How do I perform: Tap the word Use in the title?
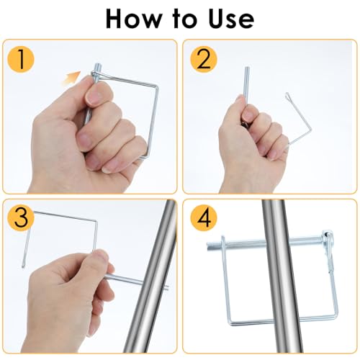click(x=231, y=19)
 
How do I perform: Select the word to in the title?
click(x=183, y=19)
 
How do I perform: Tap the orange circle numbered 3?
click(x=21, y=218)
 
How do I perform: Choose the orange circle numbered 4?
click(x=204, y=218)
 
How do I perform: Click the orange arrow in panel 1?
click(x=72, y=78)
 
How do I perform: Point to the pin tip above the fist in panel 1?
click(x=97, y=66)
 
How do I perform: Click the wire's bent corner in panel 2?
click(x=310, y=130)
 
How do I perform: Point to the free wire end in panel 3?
click(x=23, y=266)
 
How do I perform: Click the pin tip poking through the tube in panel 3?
click(x=167, y=287)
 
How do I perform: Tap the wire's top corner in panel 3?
click(x=96, y=221)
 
